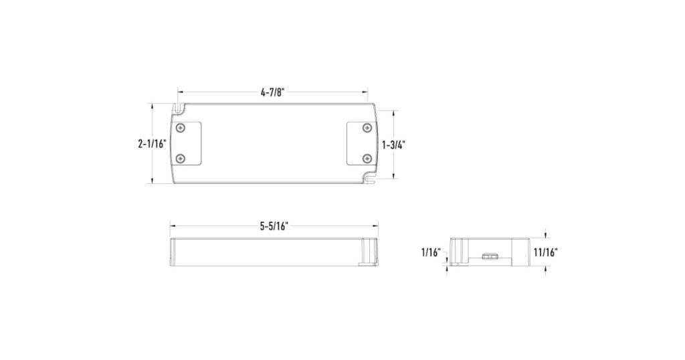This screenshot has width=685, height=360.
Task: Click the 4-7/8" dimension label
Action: coord(273,93)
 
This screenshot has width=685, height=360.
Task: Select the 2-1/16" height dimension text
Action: coord(152,143)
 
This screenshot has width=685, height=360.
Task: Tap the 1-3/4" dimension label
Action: coord(394,145)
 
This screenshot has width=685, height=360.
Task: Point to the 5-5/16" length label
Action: coord(274,226)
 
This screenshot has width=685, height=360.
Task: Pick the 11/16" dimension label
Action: coord(545,252)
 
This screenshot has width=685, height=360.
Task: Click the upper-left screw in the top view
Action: coord(180,127)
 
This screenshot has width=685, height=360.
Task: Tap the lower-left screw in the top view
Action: coord(180,158)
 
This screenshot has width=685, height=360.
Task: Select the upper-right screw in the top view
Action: coord(366,127)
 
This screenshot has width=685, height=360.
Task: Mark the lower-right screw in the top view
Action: coord(366,158)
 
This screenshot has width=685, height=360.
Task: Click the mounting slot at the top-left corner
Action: coord(179,107)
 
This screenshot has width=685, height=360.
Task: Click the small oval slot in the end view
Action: coord(489,255)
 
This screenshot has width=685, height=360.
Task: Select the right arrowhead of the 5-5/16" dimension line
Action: coord(376,226)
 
